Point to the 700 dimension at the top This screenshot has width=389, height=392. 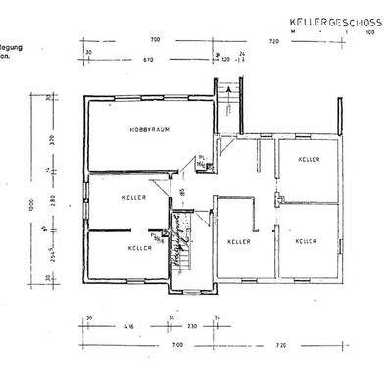[155, 40]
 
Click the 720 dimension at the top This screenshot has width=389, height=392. [274, 40]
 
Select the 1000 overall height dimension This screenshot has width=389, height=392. [31, 205]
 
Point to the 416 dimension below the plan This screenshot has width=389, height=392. [129, 325]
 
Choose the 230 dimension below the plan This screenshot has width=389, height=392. [192, 325]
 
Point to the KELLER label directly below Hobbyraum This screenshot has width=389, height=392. [135, 197]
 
